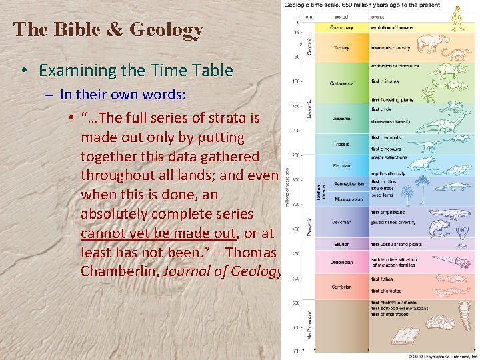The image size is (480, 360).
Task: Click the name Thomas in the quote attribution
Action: point(254,253)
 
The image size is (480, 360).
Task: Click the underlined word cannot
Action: point(106,233)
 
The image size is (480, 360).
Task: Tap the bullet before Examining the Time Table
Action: point(23,71)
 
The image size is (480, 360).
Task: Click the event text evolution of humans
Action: point(392,28)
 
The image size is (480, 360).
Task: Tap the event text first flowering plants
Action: point(392,100)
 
